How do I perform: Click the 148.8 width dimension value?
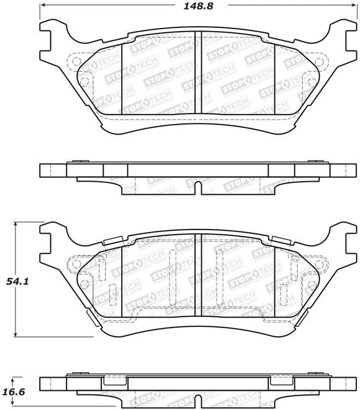(196, 8)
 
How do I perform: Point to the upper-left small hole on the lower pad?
(76, 264)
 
